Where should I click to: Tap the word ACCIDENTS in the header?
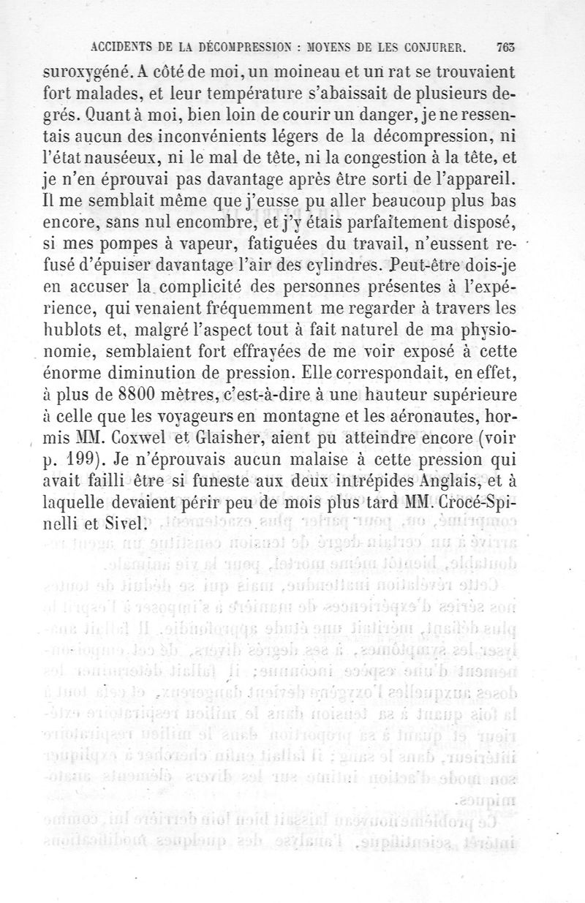(125, 48)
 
